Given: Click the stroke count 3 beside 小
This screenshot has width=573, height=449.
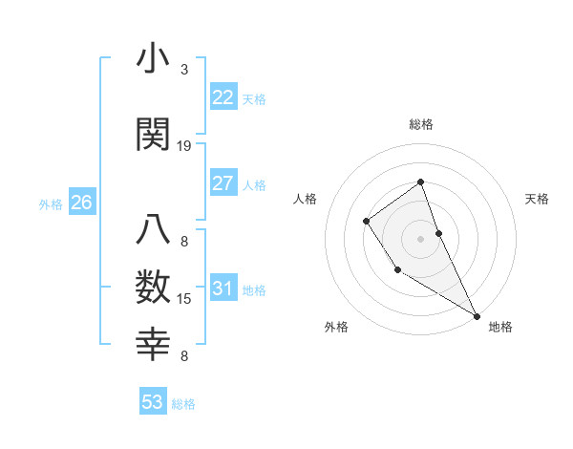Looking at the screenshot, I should [184, 70].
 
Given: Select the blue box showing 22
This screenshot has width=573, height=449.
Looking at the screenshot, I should [223, 97].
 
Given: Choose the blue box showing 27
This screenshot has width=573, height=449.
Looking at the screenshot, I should [223, 183].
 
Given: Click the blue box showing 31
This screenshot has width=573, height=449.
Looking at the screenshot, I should [223, 289].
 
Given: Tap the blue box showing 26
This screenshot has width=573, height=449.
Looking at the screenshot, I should [81, 202].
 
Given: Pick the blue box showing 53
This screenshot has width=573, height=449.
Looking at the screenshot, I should [152, 402].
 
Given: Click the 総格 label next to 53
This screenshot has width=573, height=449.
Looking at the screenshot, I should [183, 404].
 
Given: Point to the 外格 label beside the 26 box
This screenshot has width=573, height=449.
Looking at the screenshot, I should [51, 203].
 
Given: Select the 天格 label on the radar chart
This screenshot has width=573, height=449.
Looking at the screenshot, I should [537, 199].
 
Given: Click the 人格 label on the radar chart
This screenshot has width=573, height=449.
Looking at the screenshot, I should [305, 199].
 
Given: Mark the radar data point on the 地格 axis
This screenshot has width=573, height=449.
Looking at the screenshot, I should [476, 314].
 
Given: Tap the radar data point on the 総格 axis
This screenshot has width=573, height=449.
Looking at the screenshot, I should [420, 182].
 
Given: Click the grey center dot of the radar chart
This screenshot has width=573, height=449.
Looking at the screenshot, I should [420, 239].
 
